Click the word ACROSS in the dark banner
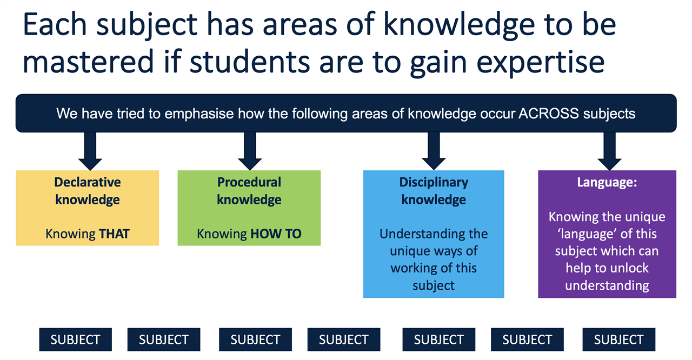pyautogui.click(x=548, y=114)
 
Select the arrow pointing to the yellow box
pyautogui.click(x=90, y=151)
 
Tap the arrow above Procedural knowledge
pyautogui.click(x=250, y=151)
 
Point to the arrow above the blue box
pyautogui.click(x=434, y=151)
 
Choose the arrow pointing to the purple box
pyautogui.click(x=609, y=151)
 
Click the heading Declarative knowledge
pyautogui.click(x=88, y=191)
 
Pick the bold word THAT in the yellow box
pyautogui.click(x=114, y=234)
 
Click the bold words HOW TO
pyautogui.click(x=276, y=234)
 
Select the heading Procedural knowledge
pyautogui.click(x=249, y=191)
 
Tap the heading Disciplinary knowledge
pyautogui.click(x=434, y=191)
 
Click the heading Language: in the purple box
pyautogui.click(x=607, y=182)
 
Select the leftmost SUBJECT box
pyautogui.click(x=75, y=339)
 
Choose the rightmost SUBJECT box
pyautogui.click(x=619, y=339)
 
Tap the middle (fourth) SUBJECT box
pyautogui.click(x=343, y=339)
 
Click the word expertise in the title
pyautogui.click(x=540, y=62)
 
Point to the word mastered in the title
pyautogui.click(x=88, y=61)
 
